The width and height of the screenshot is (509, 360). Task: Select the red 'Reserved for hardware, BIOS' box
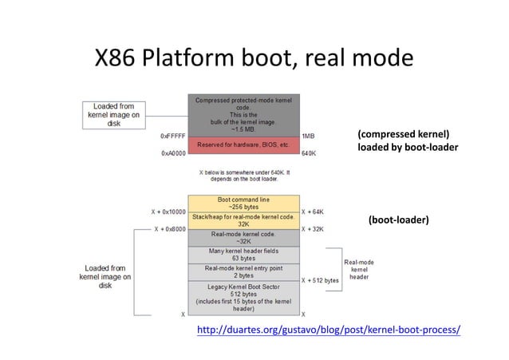coord(243,144)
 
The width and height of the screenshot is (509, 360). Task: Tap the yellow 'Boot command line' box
coord(243,203)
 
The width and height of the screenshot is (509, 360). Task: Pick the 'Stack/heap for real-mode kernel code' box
coord(243,220)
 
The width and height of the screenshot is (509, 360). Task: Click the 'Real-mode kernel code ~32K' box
coord(243,238)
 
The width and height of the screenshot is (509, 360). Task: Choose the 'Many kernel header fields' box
coord(243,255)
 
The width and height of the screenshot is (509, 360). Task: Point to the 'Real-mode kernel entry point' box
coord(243,272)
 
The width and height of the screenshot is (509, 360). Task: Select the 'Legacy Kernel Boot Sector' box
coord(243,298)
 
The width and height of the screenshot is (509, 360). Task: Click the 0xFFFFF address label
coord(174,136)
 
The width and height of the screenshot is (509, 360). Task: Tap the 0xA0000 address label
coord(174,152)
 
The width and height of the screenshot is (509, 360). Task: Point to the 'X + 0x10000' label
coord(168,212)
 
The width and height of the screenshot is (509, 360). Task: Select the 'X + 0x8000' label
coord(170,229)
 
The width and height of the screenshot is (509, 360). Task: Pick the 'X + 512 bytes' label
coord(321,280)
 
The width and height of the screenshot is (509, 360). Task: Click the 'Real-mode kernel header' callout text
coord(359,269)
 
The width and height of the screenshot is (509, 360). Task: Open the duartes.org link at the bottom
coord(328,330)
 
